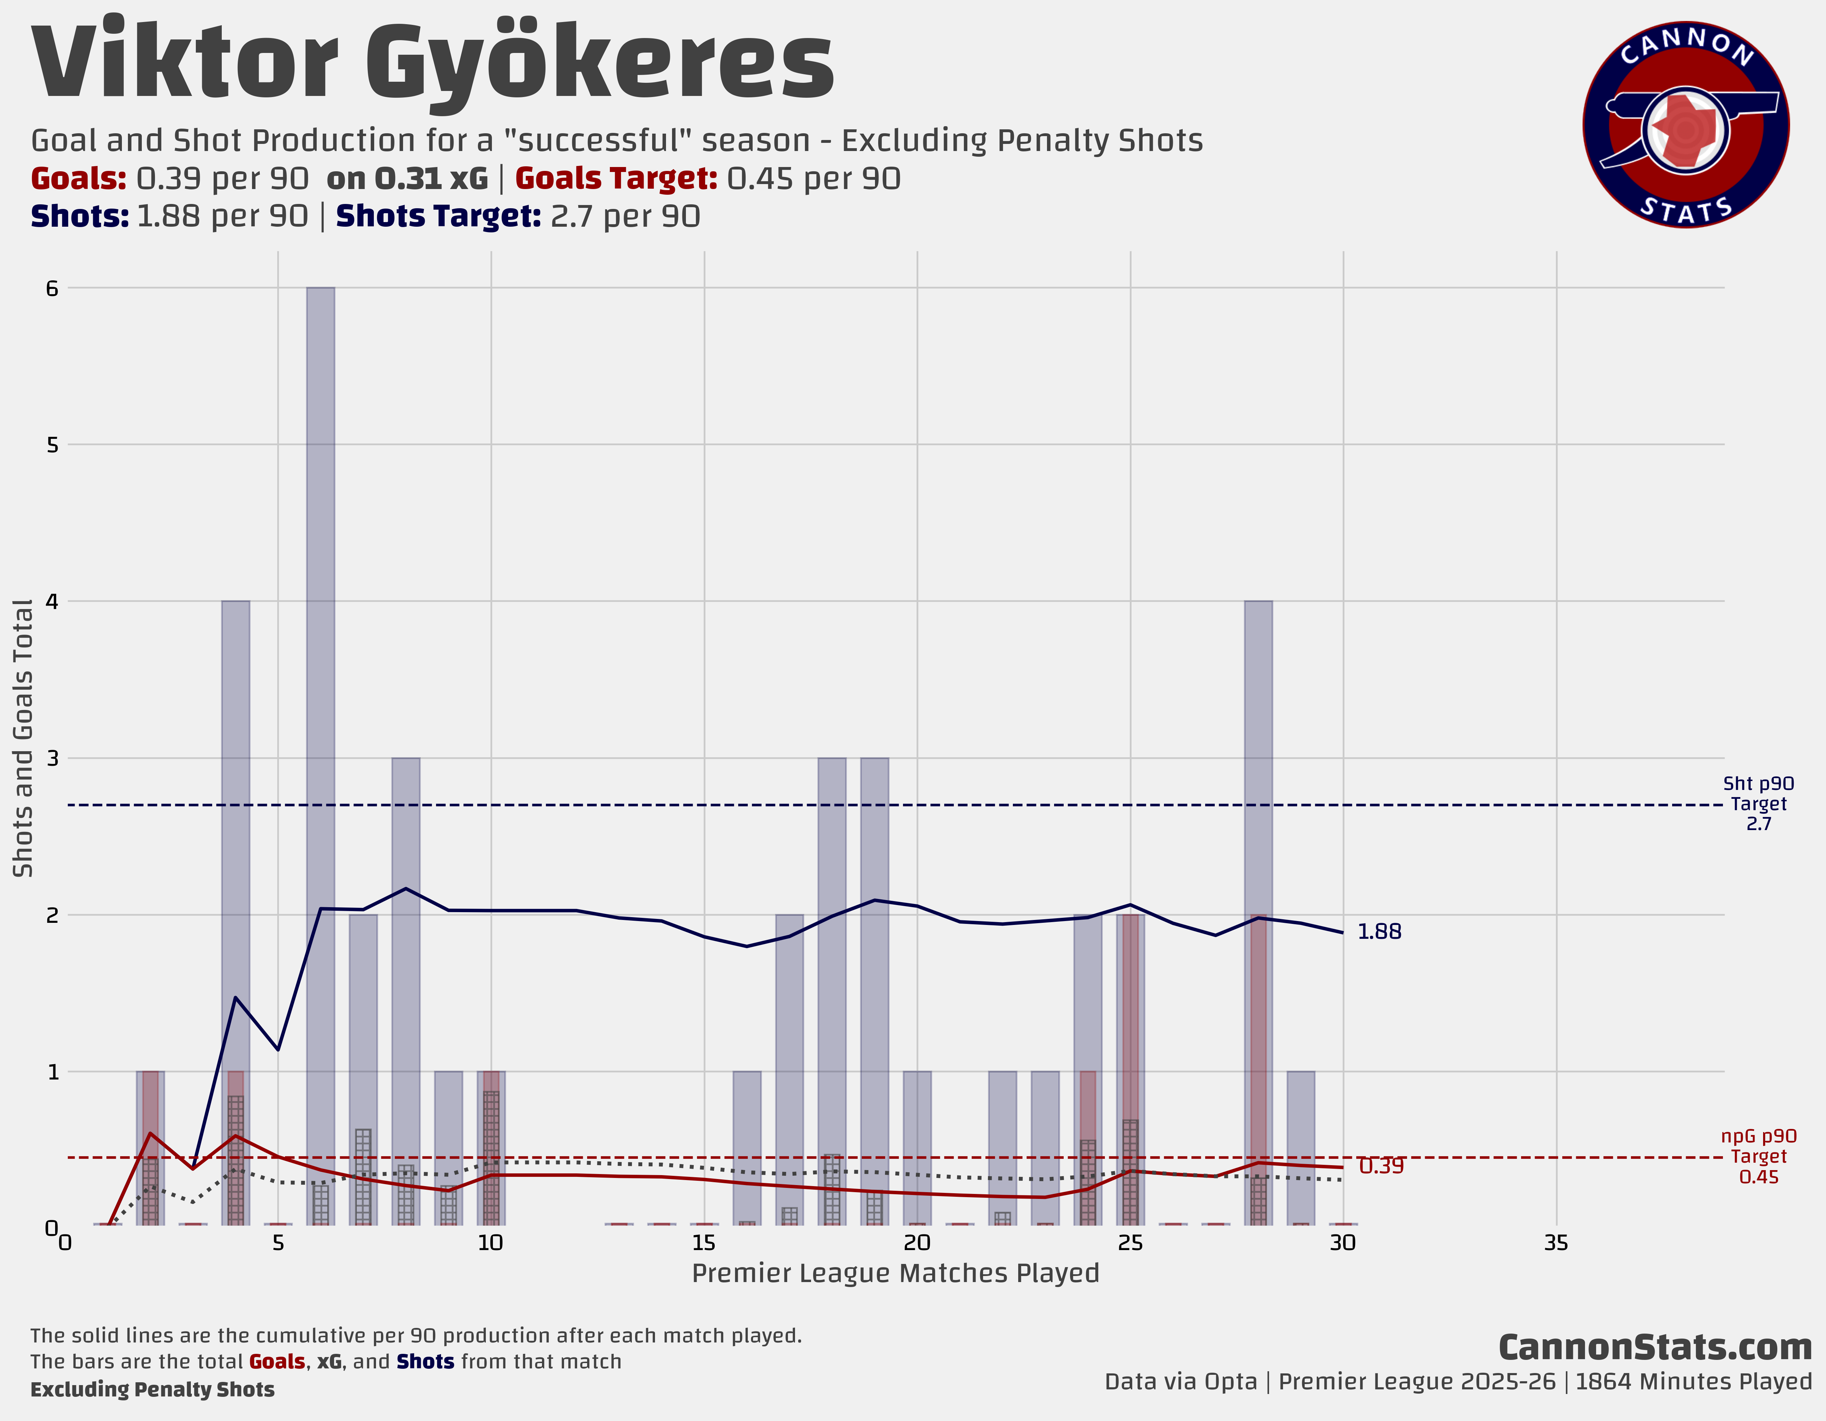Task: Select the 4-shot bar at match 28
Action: pyautogui.click(x=1258, y=752)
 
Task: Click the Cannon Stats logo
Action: pyautogui.click(x=1686, y=125)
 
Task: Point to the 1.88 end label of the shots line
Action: pyautogui.click(x=1379, y=931)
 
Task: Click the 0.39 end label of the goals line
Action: pyautogui.click(x=1381, y=1166)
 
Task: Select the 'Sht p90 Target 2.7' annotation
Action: pyautogui.click(x=1758, y=803)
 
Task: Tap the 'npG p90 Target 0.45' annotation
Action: pyautogui.click(x=1758, y=1156)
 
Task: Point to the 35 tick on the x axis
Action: pyautogui.click(x=1556, y=1243)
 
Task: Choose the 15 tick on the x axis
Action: pyautogui.click(x=704, y=1243)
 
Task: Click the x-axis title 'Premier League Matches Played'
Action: pyautogui.click(x=896, y=1273)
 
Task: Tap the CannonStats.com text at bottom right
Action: pyautogui.click(x=1655, y=1347)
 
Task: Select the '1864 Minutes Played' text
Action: pyautogui.click(x=1693, y=1382)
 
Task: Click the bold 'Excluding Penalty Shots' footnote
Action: pyautogui.click(x=152, y=1389)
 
